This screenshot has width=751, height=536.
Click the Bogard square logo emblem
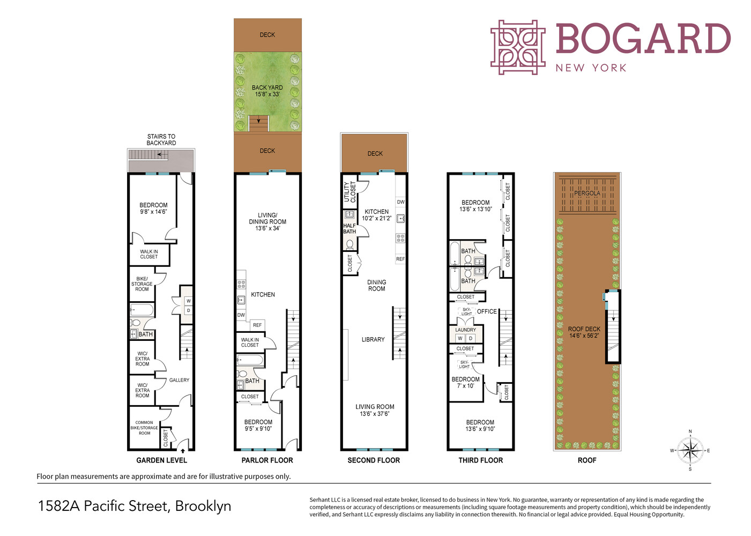(x=517, y=47)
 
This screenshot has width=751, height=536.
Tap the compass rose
(x=690, y=450)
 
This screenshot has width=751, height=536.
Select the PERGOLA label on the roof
(x=587, y=193)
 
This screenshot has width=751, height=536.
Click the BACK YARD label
(x=267, y=88)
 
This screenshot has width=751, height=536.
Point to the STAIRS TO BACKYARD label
(x=161, y=140)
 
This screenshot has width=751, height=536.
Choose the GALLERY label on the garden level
(x=179, y=380)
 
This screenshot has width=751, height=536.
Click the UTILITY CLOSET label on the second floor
(x=350, y=192)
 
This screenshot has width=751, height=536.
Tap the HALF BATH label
(x=350, y=229)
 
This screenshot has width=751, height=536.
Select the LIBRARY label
(x=373, y=339)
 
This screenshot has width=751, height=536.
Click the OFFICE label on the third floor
(x=487, y=311)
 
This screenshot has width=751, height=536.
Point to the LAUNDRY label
(x=465, y=330)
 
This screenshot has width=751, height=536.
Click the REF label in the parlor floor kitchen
(x=257, y=325)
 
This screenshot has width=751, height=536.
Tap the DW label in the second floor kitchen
(x=400, y=202)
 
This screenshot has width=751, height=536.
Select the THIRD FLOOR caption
(x=480, y=460)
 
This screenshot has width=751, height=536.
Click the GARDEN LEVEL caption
(x=161, y=460)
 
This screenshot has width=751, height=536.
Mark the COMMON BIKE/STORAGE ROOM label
(x=144, y=428)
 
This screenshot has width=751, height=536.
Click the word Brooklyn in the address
(x=203, y=506)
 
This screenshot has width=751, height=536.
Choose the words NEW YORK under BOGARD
(x=591, y=68)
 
